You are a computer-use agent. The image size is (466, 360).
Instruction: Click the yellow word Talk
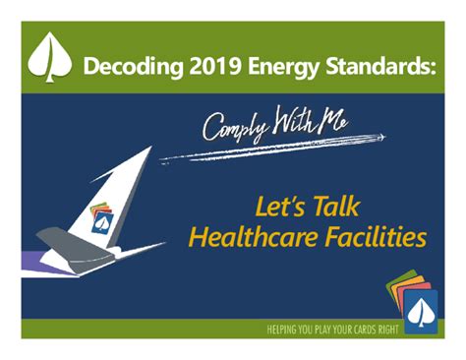330,208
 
